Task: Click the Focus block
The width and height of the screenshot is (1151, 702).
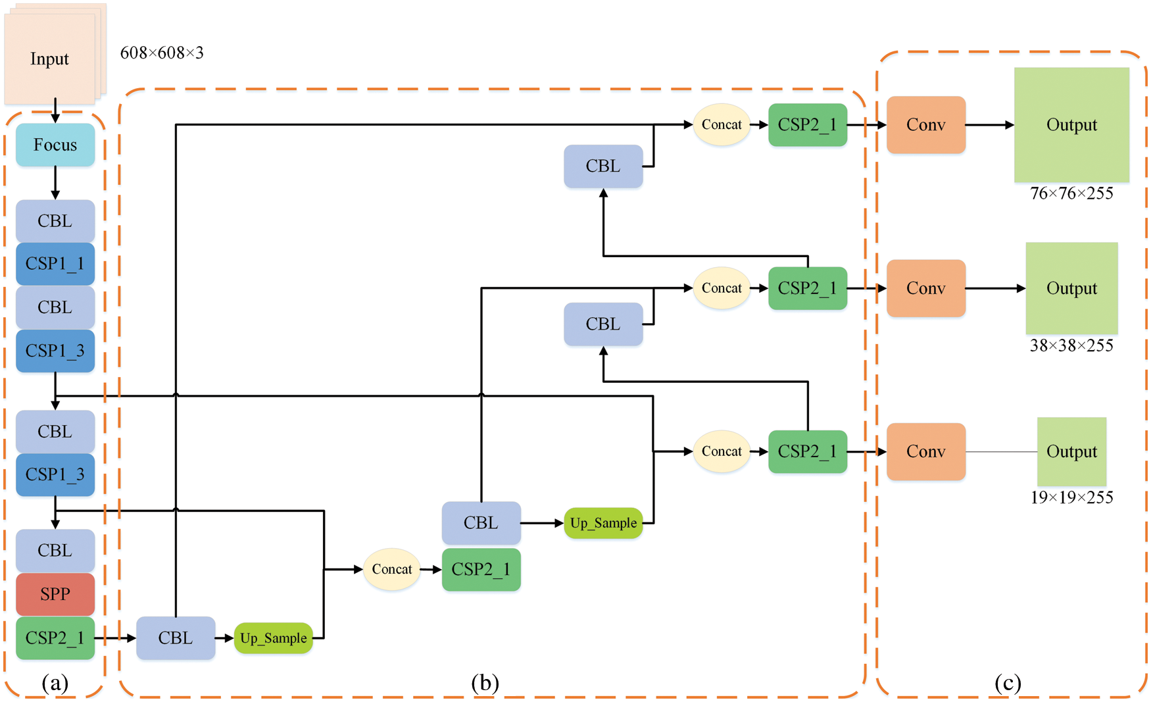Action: pyautogui.click(x=55, y=145)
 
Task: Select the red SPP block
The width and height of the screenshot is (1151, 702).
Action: pyautogui.click(x=55, y=594)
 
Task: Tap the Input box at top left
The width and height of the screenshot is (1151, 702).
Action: pyautogui.click(x=50, y=59)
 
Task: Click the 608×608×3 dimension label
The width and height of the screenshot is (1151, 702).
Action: pyautogui.click(x=162, y=53)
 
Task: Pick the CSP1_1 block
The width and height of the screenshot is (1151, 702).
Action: pyautogui.click(x=55, y=263)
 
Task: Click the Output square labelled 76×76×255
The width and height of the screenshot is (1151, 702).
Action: pyautogui.click(x=1071, y=124)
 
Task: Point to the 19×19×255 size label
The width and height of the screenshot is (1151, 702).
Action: pyautogui.click(x=1071, y=497)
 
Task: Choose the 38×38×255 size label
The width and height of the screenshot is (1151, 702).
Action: pyautogui.click(x=1071, y=345)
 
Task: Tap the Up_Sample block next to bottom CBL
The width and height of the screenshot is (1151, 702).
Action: pyautogui.click(x=273, y=638)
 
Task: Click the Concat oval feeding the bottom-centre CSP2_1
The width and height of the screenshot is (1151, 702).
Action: pyautogui.click(x=392, y=569)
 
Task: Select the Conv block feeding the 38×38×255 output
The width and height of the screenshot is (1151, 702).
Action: pyautogui.click(x=926, y=288)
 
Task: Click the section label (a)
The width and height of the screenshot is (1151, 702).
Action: pyautogui.click(x=55, y=683)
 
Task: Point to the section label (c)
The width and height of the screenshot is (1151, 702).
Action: pyautogui.click(x=1008, y=683)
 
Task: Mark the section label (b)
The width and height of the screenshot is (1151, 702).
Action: pyautogui.click(x=485, y=683)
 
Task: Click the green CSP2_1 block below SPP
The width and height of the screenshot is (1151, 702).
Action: pyautogui.click(x=55, y=638)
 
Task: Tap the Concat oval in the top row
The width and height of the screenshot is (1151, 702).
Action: pyautogui.click(x=722, y=124)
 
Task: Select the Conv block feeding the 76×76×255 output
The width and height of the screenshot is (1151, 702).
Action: pyautogui.click(x=926, y=124)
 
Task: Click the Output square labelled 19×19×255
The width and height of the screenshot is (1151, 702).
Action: pyautogui.click(x=1071, y=451)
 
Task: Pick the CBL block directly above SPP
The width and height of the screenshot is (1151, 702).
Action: pyautogui.click(x=55, y=551)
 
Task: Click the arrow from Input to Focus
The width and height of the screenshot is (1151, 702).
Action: pyautogui.click(x=55, y=111)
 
